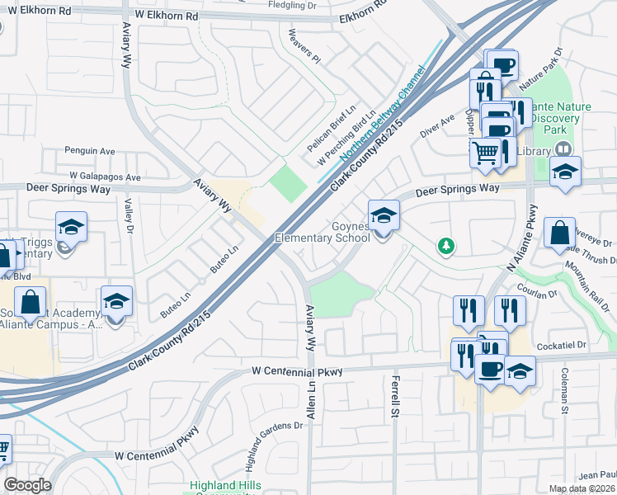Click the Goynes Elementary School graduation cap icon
coord(384,215)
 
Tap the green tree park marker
coord(446,246)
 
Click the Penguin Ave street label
coord(90,152)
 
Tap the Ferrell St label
coord(394,396)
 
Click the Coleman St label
coord(567,392)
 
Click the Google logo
coord(27,484)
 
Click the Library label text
coord(535,151)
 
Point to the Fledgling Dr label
coord(293,4)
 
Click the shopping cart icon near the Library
coord(486,152)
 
